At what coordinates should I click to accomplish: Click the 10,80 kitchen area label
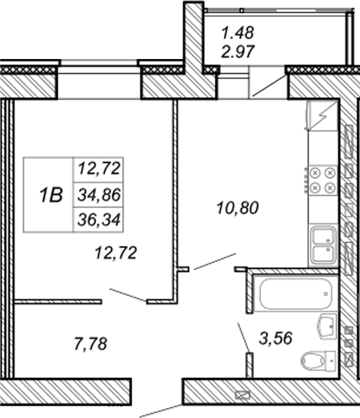(x=237, y=208)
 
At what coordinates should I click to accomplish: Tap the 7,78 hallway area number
(x=91, y=344)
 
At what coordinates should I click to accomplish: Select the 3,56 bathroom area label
(x=276, y=338)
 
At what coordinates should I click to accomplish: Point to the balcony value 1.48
(x=238, y=32)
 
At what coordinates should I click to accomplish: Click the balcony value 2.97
(x=238, y=51)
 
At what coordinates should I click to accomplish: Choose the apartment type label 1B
(x=51, y=195)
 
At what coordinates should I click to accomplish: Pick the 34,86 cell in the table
(x=99, y=195)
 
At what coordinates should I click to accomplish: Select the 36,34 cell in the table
(x=99, y=221)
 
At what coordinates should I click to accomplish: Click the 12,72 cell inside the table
(x=99, y=169)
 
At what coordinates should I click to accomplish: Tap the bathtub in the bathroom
(x=296, y=294)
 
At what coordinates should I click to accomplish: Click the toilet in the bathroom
(x=319, y=360)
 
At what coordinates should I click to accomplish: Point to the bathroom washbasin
(x=327, y=326)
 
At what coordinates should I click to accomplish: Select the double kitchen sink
(x=323, y=244)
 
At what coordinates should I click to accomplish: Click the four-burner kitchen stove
(x=322, y=181)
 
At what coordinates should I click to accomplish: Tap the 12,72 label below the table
(x=116, y=253)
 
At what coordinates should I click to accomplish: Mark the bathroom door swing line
(x=243, y=338)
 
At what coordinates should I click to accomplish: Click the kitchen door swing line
(x=215, y=261)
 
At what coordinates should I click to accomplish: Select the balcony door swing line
(x=269, y=85)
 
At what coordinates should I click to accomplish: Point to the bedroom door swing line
(x=128, y=295)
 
